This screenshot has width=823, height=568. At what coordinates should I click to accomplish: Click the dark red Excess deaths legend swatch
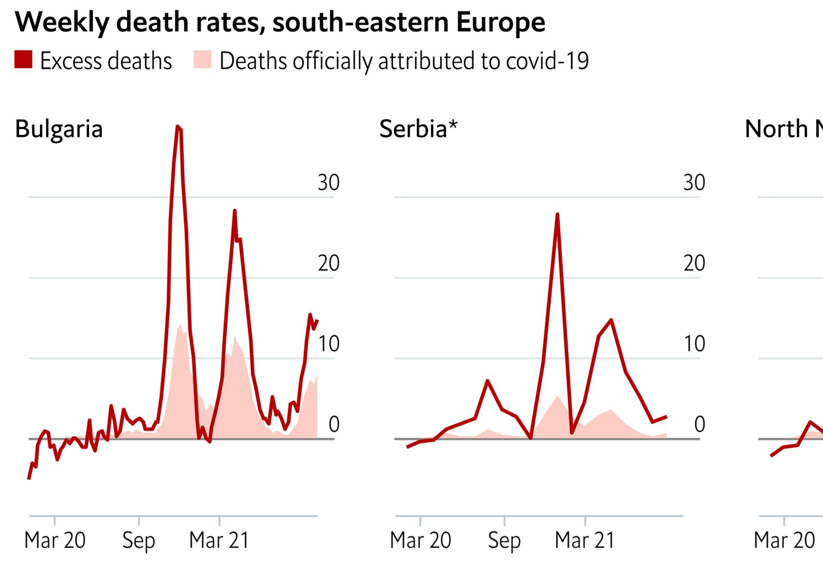[x=23, y=60]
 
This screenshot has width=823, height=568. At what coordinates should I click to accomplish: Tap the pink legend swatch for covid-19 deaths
[x=203, y=60]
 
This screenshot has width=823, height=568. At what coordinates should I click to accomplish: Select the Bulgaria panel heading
[x=59, y=129]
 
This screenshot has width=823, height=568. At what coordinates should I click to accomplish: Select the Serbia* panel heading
[x=413, y=129]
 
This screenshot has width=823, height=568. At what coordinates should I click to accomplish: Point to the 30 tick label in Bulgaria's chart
[x=329, y=183]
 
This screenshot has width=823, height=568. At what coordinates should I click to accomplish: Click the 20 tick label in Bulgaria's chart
[x=329, y=263]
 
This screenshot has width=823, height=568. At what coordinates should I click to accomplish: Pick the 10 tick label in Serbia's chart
[x=694, y=344]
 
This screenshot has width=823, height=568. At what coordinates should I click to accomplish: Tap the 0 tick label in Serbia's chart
[x=700, y=425]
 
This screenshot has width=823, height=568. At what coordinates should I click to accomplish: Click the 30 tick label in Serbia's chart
[x=694, y=183]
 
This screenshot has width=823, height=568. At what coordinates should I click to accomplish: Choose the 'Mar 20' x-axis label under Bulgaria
[x=55, y=540]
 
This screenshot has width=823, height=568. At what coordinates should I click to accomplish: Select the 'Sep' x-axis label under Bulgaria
[x=138, y=541]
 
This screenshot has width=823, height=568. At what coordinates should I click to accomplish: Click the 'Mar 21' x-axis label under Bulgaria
[x=219, y=540]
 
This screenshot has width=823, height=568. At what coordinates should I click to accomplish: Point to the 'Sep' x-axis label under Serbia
[x=504, y=541]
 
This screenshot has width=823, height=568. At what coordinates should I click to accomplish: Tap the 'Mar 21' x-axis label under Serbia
[x=585, y=540]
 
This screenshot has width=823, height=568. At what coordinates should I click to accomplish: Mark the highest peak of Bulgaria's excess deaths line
[x=178, y=127]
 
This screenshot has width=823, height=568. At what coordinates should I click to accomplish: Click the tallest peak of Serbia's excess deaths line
[x=557, y=215]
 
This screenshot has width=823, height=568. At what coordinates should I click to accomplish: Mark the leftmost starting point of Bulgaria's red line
[x=29, y=478]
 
